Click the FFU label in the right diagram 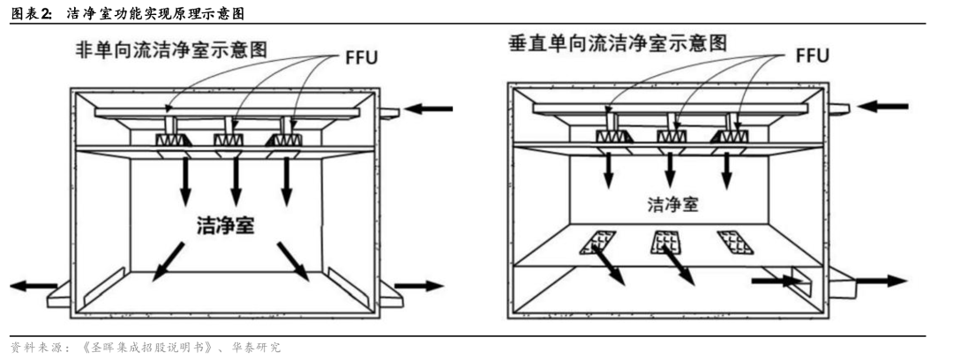pos(812,55)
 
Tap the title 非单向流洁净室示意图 pos(171,48)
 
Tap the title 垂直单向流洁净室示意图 pos(618,43)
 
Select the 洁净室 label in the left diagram pos(226,225)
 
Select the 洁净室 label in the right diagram pos(672,205)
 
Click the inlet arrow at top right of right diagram pos(882,106)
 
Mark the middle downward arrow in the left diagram pos(236,181)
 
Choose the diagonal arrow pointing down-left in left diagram pos(169,261)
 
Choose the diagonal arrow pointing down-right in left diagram pos(294,261)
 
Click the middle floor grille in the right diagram pos(664,242)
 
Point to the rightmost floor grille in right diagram pos(734,242)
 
